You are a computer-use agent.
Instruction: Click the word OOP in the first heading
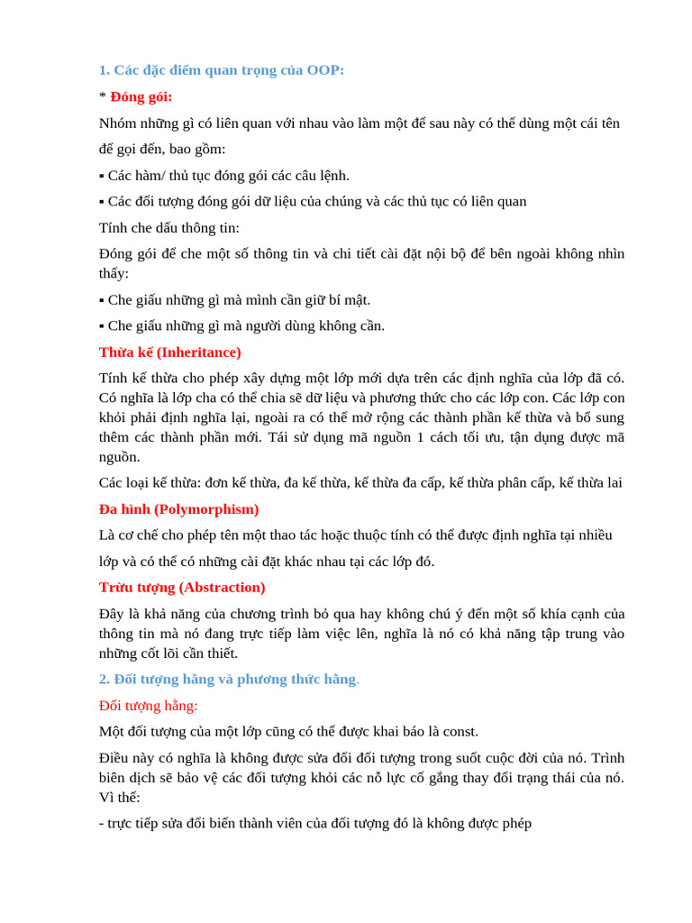(x=324, y=70)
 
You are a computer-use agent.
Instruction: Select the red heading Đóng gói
(x=141, y=96)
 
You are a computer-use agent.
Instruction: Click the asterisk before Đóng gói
(x=103, y=96)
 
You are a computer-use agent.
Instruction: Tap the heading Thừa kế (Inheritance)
(x=170, y=352)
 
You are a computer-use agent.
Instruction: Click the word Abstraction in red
(x=222, y=588)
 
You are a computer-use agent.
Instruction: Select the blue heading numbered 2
(x=228, y=680)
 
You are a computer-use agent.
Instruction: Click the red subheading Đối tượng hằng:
(x=149, y=706)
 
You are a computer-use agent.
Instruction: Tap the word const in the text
(x=460, y=732)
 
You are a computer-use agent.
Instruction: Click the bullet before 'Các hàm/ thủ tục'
(x=102, y=176)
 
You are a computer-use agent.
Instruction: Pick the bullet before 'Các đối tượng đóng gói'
(x=102, y=202)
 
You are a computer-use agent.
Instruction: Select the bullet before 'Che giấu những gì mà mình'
(x=102, y=300)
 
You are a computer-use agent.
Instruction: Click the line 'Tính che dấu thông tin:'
(x=169, y=228)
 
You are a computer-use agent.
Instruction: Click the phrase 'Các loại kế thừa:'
(x=150, y=483)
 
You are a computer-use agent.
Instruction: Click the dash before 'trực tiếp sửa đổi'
(x=101, y=824)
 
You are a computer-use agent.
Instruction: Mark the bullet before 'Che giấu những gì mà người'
(x=102, y=326)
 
